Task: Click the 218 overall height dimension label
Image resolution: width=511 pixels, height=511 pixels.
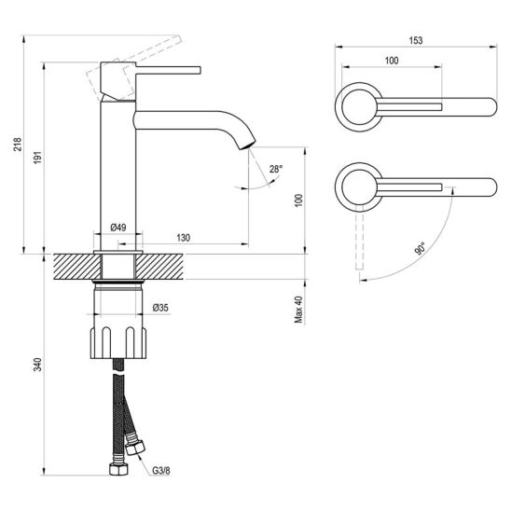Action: point(18,145)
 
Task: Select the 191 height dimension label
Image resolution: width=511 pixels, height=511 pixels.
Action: point(38,158)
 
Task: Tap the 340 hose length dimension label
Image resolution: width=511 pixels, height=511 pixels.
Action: point(38,365)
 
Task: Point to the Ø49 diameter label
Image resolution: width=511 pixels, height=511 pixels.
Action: point(118,228)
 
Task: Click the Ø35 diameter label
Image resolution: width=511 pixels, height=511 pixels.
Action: point(160,308)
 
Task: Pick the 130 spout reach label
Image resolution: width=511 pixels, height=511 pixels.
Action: point(183,238)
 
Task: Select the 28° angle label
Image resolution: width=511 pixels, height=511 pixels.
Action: point(276,169)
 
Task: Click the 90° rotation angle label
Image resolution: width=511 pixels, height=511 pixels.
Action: point(420,248)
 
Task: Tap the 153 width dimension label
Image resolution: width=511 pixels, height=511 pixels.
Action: point(416,40)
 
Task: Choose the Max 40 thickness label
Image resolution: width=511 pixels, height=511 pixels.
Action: point(298,310)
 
